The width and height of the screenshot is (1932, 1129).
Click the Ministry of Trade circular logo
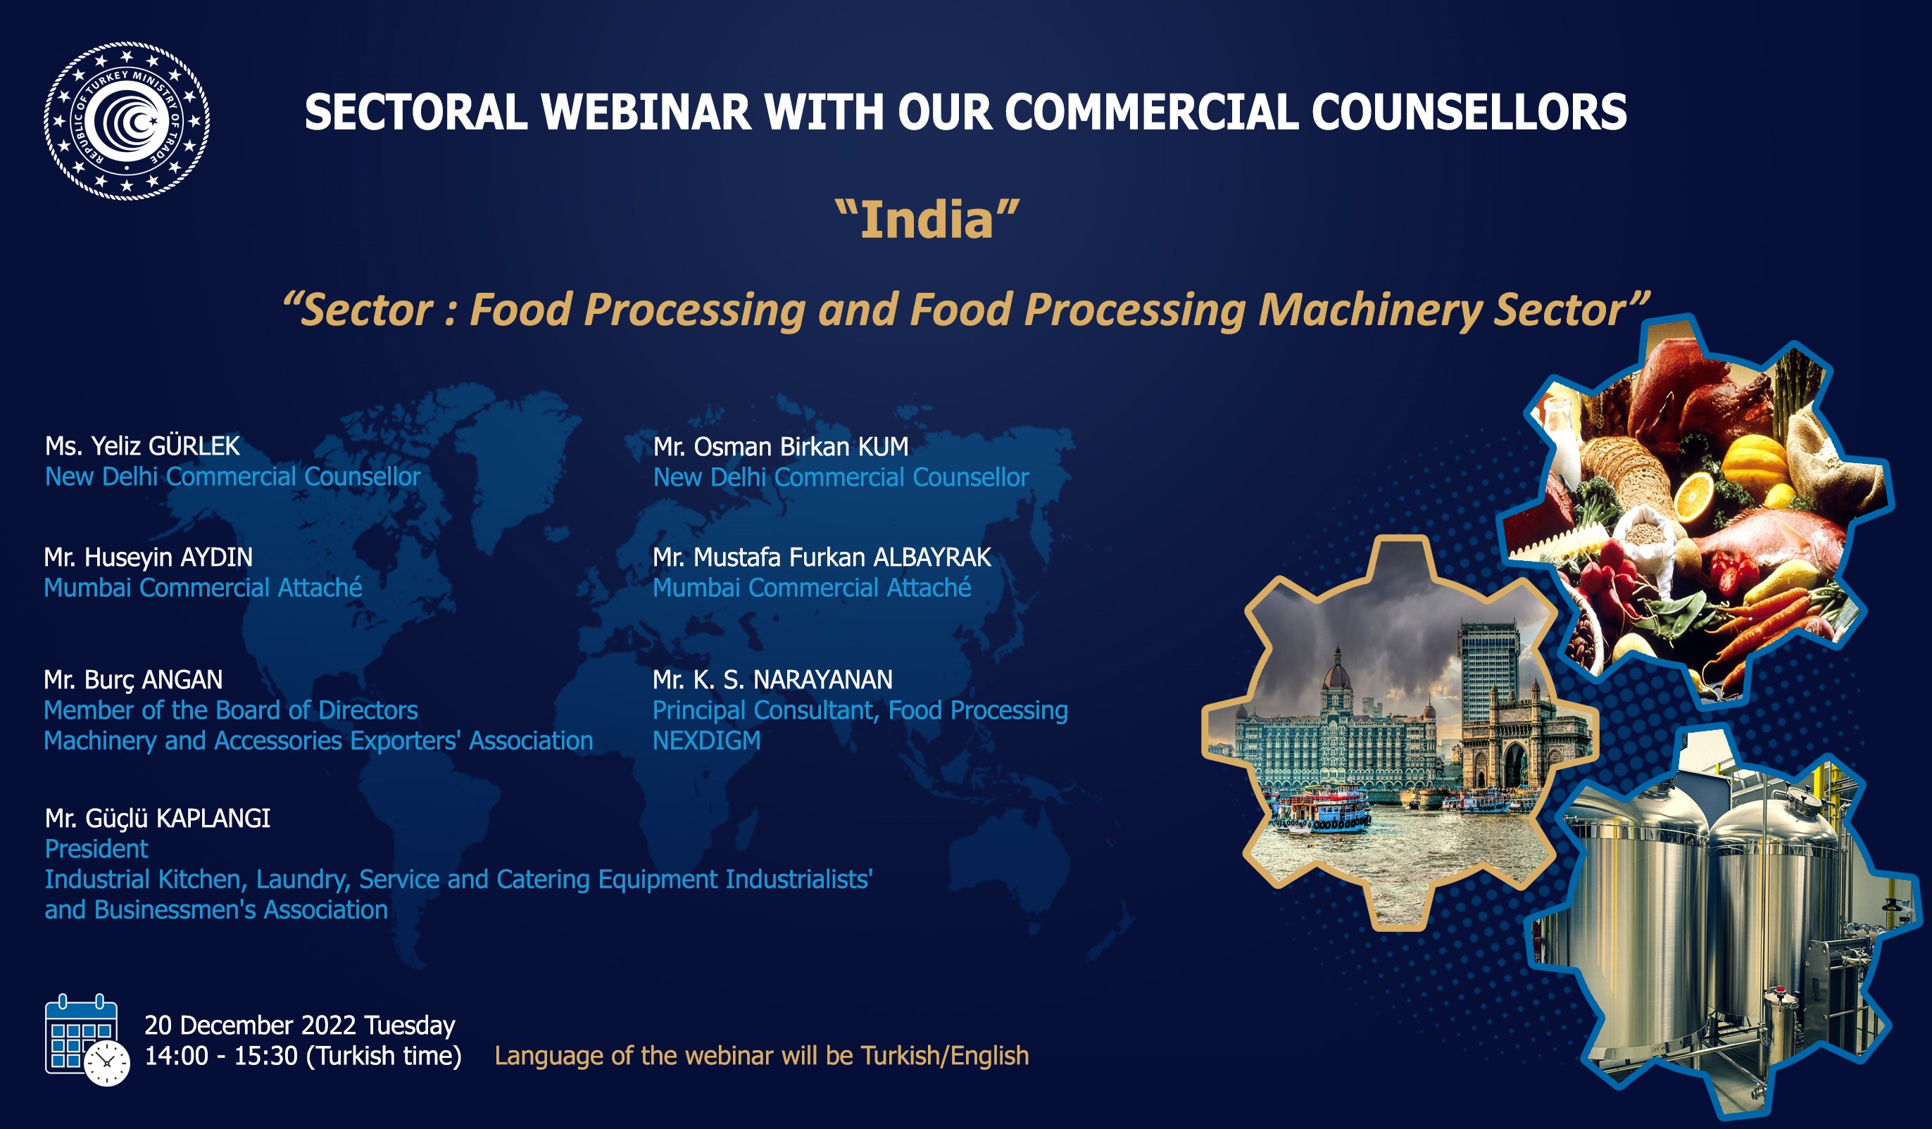tap(127, 121)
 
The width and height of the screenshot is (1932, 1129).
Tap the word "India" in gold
tap(927, 220)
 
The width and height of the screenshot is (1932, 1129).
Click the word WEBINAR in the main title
tap(646, 113)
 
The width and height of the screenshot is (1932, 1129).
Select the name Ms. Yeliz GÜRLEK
tap(143, 446)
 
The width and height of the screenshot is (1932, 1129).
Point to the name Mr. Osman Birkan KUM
tap(780, 447)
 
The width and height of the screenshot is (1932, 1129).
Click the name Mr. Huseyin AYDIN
tap(148, 557)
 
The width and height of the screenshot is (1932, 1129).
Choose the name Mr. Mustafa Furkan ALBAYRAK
tap(822, 557)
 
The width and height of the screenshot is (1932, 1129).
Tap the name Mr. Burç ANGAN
tap(133, 680)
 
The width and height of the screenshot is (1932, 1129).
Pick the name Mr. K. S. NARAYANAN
tap(773, 680)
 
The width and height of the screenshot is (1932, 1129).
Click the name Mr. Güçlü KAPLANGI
tap(157, 819)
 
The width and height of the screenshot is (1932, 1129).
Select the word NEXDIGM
tap(707, 741)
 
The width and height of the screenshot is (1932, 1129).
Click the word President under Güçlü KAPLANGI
tap(96, 850)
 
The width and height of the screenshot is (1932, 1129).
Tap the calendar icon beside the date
tap(87, 1039)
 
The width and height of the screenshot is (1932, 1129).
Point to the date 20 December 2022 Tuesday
tap(300, 1026)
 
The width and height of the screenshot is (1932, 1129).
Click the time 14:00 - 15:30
tap(221, 1057)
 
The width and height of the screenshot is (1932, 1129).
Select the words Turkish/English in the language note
tap(945, 1057)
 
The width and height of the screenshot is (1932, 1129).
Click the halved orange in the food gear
tap(1693, 497)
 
